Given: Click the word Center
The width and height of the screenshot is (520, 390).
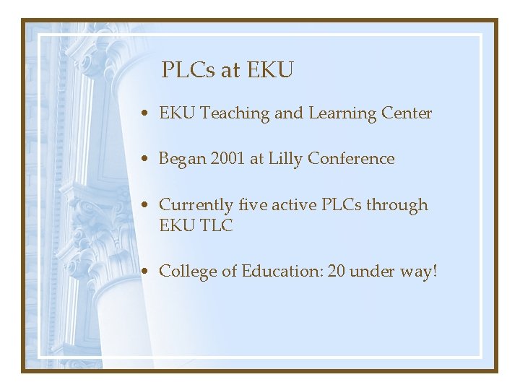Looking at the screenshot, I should [407, 113].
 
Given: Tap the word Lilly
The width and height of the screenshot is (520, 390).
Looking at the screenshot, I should [285, 159].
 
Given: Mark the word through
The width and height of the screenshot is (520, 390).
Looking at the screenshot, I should [396, 205].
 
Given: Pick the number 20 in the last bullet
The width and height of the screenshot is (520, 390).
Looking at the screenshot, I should [337, 272].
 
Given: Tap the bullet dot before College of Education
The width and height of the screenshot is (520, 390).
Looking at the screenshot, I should [147, 272].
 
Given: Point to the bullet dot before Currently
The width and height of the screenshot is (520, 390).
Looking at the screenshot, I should [147, 206].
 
